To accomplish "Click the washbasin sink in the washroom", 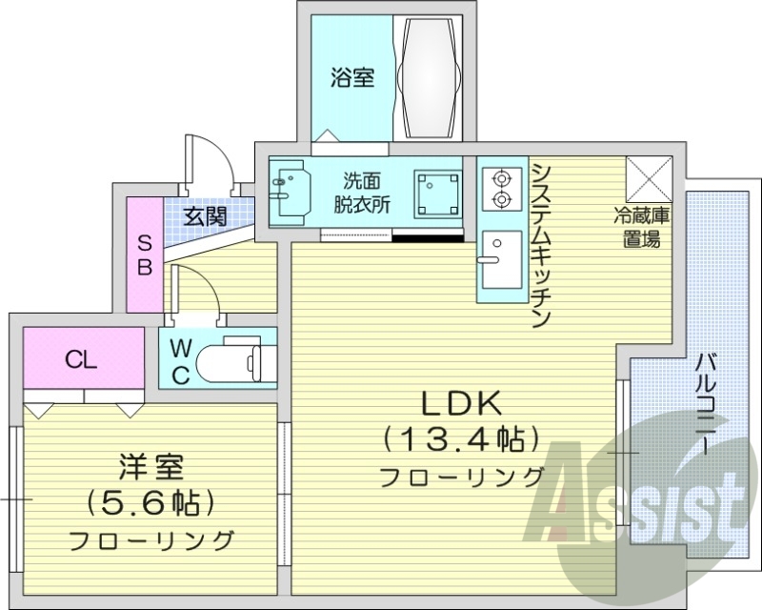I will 290,187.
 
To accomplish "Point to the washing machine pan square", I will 437,193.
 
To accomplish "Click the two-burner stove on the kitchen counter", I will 500,188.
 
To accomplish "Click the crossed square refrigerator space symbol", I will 649,176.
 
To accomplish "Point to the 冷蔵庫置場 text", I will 640,228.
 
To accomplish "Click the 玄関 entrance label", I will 205,215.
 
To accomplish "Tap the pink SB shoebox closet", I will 144,254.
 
